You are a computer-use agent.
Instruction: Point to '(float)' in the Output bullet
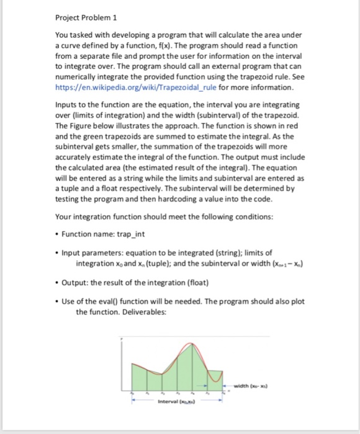tap(199, 290)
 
